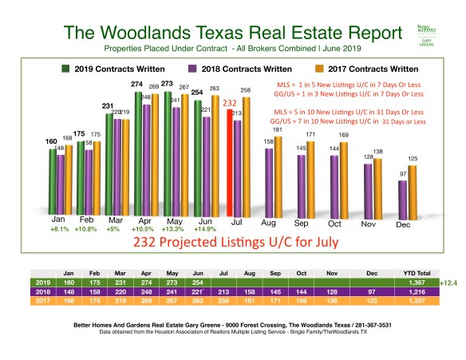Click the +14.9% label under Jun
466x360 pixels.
pyautogui.click(x=206, y=228)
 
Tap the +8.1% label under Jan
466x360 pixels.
pyautogui.click(x=58, y=228)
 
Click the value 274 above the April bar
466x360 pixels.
pyautogui.click(x=136, y=84)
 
